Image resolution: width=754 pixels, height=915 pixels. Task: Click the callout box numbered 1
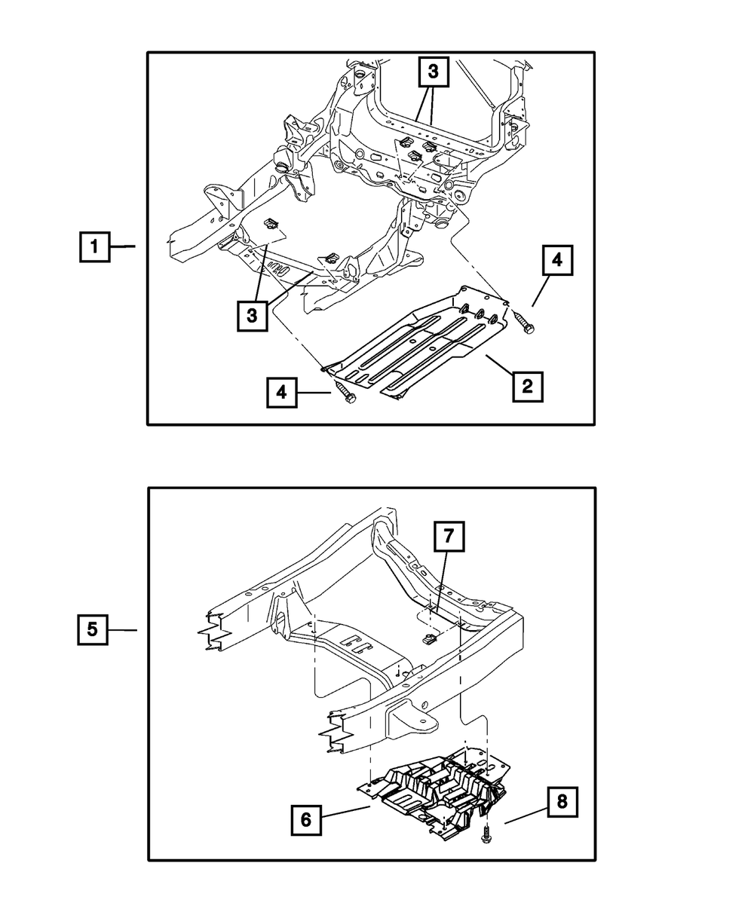coord(94,246)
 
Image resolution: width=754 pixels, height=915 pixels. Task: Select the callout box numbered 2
coord(527,386)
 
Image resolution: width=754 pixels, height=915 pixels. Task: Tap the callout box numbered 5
coord(93,629)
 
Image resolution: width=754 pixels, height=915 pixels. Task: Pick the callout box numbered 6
coord(306,819)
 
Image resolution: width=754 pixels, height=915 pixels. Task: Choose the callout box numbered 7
coord(449,536)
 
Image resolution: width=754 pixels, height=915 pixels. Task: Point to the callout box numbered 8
coord(562,802)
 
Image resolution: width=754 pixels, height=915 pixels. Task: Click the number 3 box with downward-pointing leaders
coord(433,72)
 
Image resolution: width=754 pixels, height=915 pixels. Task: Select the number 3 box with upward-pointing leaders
coord(252,316)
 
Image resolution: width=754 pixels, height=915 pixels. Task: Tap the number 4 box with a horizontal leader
coord(282,393)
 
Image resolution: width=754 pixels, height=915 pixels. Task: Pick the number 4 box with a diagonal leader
coord(557,260)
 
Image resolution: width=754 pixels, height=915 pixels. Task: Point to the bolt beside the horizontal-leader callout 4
coord(345,392)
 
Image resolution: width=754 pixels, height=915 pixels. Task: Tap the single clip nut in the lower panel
coord(430,640)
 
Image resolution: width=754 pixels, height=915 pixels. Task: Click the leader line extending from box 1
coord(122,246)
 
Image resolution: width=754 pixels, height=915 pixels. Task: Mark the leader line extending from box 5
coord(122,629)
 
